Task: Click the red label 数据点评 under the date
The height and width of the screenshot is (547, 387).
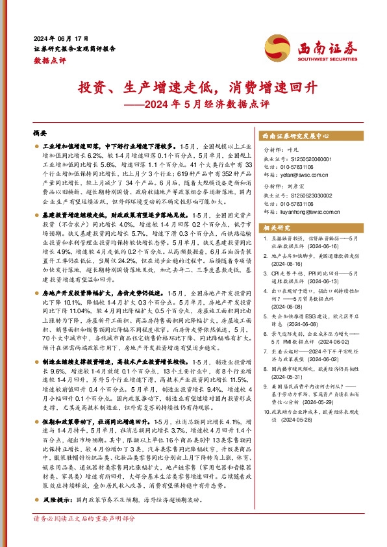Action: click(46, 58)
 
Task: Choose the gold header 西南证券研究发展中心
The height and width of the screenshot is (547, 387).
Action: click(294, 137)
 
